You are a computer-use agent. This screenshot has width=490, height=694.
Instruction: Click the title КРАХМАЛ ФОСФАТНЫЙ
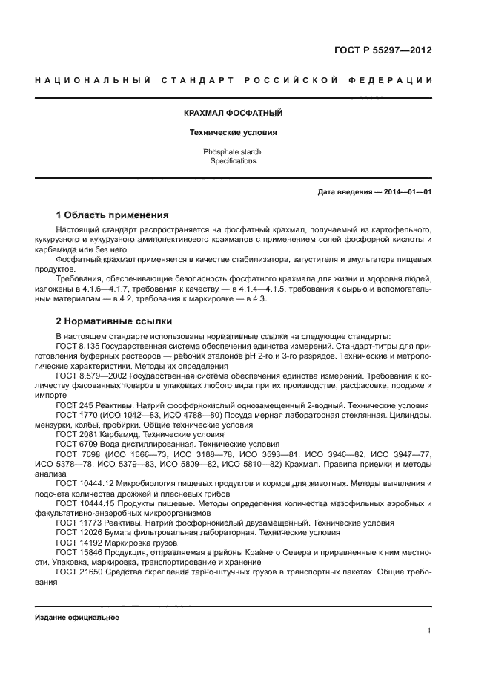coord(233,114)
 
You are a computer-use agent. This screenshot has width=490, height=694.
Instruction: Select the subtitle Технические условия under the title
coord(233,133)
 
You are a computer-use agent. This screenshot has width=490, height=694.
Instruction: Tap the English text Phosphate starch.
coord(233,152)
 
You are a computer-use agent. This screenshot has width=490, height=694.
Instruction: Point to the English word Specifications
coord(233,161)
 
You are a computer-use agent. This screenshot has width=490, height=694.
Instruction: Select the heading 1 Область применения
coord(113,215)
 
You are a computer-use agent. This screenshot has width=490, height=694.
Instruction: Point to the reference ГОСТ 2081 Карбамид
coord(102,433)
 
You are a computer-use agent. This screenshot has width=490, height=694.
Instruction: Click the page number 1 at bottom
coord(429,631)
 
